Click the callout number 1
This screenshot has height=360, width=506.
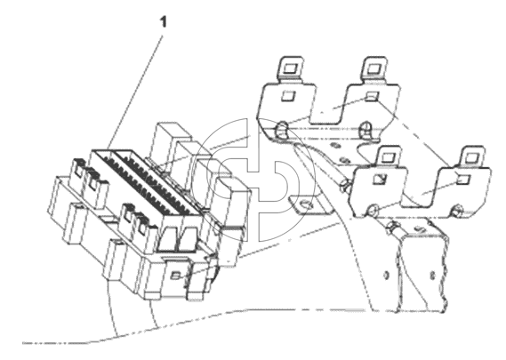pos(164,22)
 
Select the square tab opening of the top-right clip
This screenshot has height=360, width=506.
pos(374,68)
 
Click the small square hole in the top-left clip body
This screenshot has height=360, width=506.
pos(288,96)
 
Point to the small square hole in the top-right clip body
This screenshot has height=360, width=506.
pos(373,96)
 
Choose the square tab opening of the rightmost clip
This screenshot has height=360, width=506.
pos(472,157)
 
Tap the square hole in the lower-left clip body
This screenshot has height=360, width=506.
pos(379,179)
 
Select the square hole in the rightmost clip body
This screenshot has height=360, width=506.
pos(463,179)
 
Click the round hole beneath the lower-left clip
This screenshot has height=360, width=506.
pos(373,210)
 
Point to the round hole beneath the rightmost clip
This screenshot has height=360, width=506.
pos(456,210)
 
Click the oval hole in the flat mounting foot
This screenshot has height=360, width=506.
pos(305,204)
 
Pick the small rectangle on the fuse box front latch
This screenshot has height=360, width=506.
pos(175,276)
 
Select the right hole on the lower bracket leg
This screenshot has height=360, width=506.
pos(433,276)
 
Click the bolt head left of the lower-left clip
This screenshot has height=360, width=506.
pos(345,186)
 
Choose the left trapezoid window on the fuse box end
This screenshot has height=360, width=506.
pos(168,239)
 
